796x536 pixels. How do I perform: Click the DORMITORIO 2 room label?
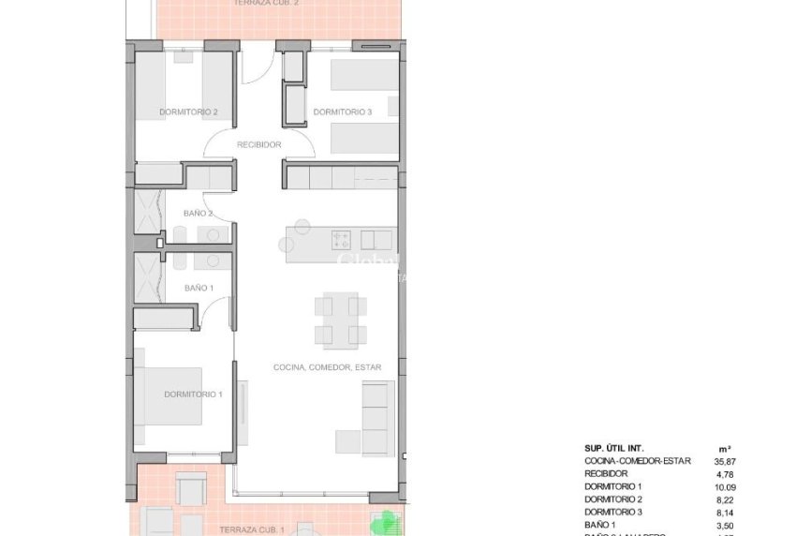click(x=188, y=112)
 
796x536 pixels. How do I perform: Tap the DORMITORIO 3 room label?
click(x=343, y=112)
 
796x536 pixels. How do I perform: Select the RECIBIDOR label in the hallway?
click(x=258, y=145)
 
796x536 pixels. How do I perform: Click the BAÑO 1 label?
click(x=199, y=288)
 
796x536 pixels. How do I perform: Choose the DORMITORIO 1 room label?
click(x=193, y=395)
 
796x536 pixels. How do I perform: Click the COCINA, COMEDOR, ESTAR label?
click(x=327, y=367)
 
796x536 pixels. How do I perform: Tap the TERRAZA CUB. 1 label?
click(x=252, y=529)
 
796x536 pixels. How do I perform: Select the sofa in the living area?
click(x=376, y=418)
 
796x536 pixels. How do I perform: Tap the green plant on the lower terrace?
click(x=385, y=521)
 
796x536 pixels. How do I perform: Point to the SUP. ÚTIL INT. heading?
click(x=614, y=448)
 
